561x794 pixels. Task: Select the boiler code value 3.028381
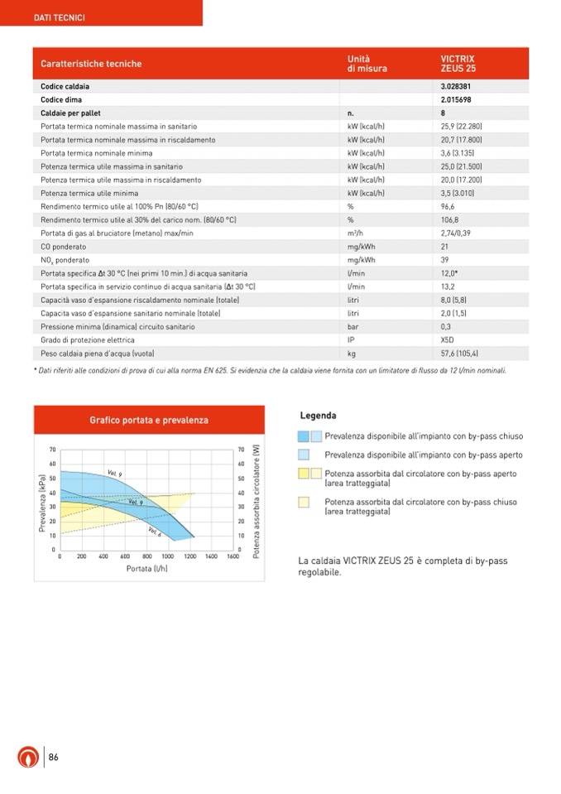[x=457, y=86]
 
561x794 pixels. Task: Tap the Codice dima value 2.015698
[x=457, y=99]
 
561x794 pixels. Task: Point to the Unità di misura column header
[x=367, y=64]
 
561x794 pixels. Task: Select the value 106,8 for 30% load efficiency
[x=448, y=219]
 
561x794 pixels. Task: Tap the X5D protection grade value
[x=448, y=339]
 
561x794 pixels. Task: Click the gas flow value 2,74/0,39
[x=457, y=233]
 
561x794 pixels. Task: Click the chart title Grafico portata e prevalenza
[x=149, y=420]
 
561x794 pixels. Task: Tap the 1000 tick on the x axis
[x=168, y=556]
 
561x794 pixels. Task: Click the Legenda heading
[x=318, y=416]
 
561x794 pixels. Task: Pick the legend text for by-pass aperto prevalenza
[x=423, y=455]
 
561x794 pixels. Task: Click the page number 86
[x=53, y=757]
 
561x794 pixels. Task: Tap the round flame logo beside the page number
[x=28, y=758]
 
